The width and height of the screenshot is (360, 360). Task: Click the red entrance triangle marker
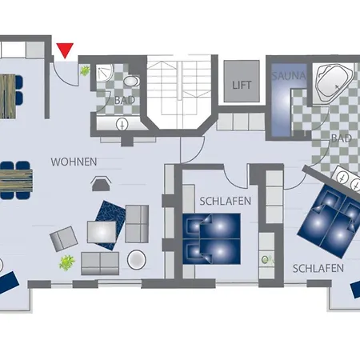tap(65, 50)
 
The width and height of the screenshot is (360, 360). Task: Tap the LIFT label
tap(242, 85)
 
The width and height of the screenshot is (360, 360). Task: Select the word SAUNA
tap(289, 76)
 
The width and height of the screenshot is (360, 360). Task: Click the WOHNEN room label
tap(74, 162)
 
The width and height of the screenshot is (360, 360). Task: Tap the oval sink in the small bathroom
tap(131, 81)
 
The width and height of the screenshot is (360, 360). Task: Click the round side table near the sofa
tap(137, 259)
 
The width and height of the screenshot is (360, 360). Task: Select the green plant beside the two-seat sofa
tap(66, 262)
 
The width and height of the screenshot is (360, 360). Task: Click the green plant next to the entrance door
tap(85, 71)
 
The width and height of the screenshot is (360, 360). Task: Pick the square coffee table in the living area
tap(102, 232)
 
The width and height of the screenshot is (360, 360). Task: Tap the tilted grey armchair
tap(64, 238)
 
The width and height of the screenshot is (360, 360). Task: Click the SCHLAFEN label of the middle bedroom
tap(226, 202)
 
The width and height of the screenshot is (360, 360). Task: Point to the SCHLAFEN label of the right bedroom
tap(318, 269)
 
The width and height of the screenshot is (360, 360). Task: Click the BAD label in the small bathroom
tap(125, 100)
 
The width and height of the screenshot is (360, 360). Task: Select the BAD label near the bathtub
tap(342, 138)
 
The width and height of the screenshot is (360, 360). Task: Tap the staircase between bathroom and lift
tap(180, 92)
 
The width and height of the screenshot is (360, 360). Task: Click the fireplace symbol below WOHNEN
tap(101, 184)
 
